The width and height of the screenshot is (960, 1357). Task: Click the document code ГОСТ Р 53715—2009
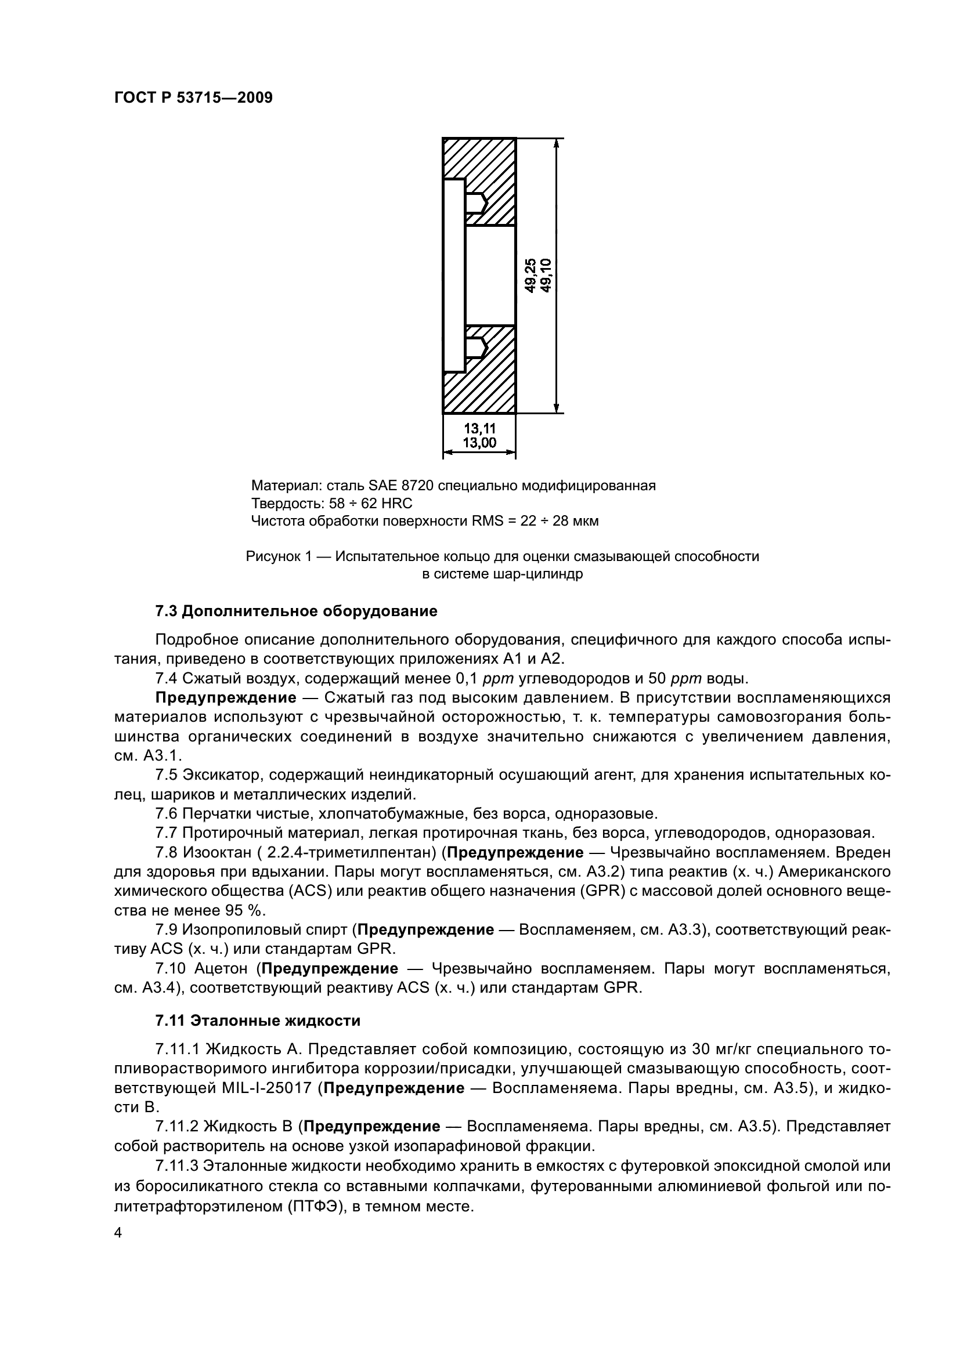193,97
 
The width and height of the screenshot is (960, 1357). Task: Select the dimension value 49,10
545,276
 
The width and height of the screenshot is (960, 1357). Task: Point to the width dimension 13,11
479,428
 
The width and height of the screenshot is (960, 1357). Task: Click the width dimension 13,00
479,443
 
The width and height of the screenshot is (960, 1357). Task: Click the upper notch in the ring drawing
476,203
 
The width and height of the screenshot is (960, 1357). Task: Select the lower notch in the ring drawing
476,347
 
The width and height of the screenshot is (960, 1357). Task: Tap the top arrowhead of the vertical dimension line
556,144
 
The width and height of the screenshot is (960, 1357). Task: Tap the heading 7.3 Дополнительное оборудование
296,611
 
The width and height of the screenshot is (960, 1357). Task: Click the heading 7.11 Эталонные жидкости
258,1021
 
